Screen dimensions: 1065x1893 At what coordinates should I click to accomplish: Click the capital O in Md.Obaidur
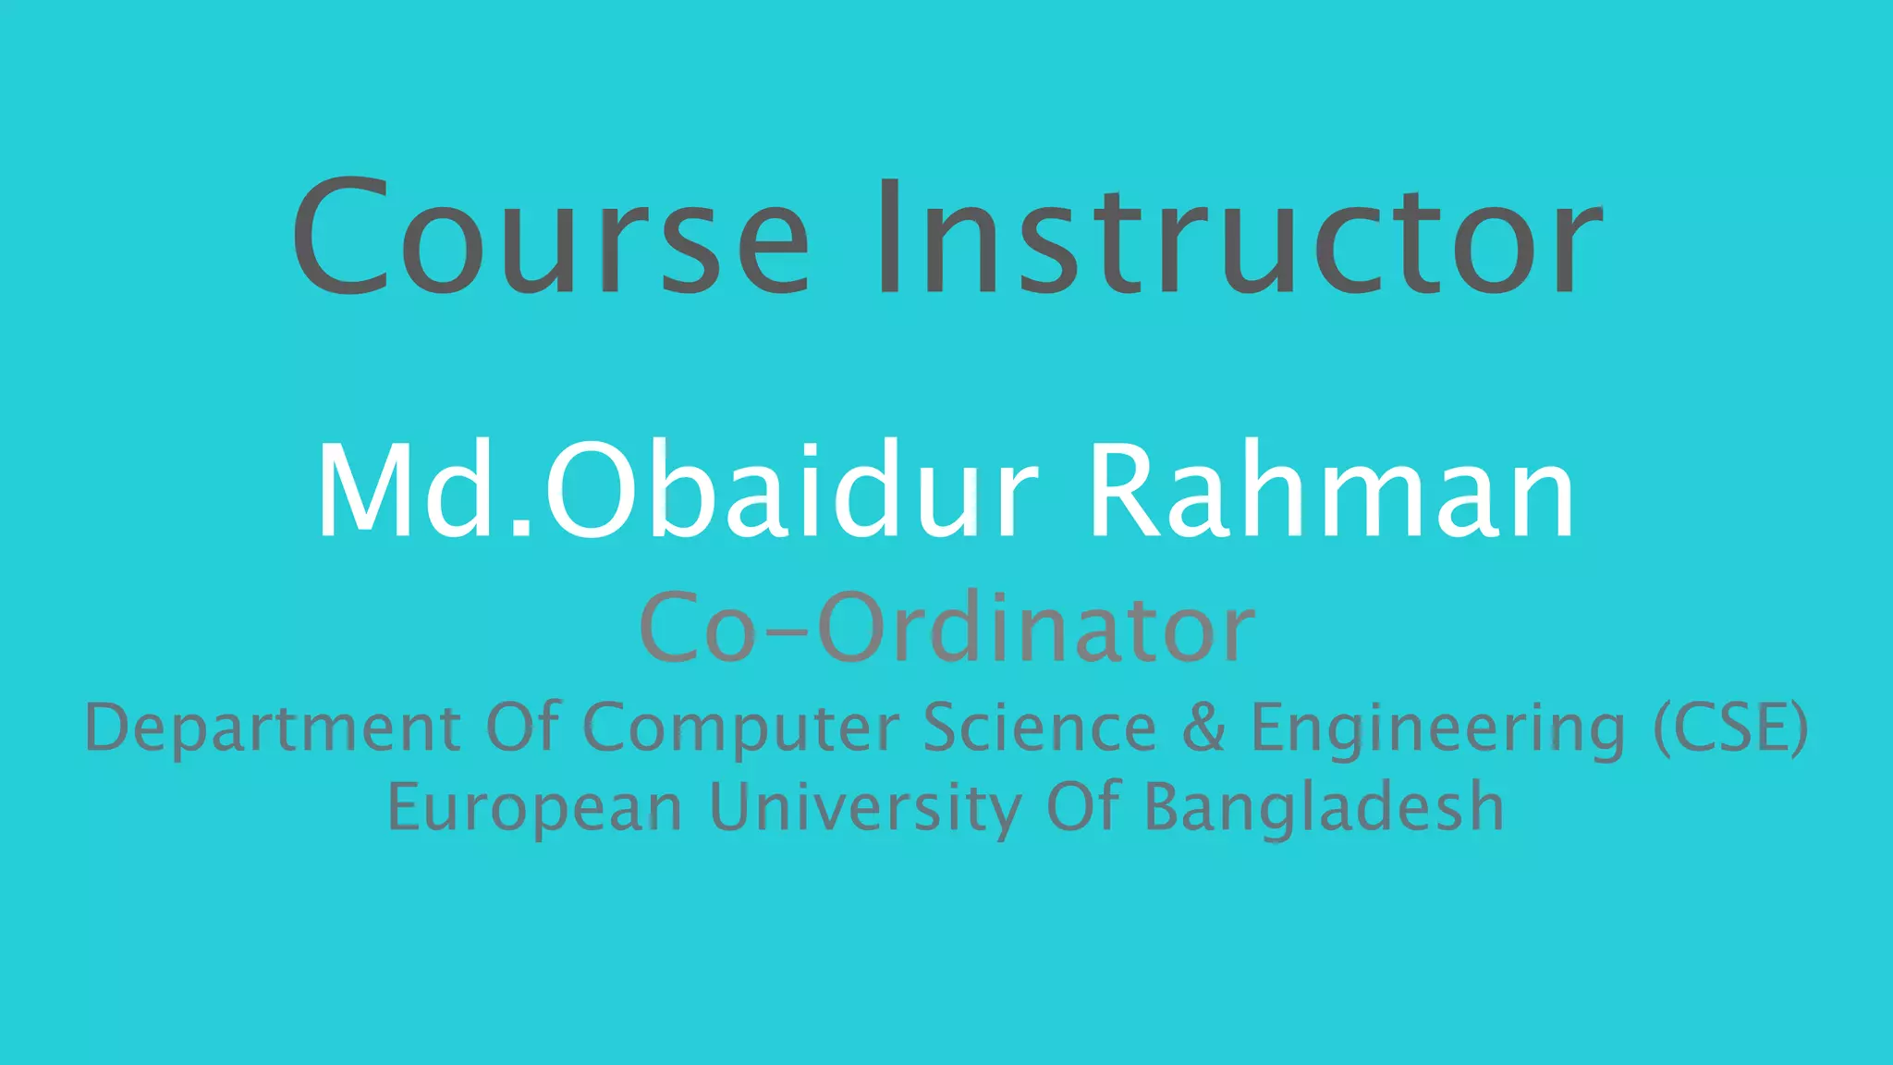[x=592, y=490]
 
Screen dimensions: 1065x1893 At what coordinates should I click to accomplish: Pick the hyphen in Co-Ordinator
[x=786, y=632]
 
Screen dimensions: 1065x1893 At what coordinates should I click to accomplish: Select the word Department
[x=273, y=728]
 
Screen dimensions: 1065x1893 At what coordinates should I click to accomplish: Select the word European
[x=534, y=808]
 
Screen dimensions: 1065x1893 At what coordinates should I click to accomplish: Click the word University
[x=865, y=808]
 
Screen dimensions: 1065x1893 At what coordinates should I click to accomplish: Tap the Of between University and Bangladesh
[x=1083, y=806]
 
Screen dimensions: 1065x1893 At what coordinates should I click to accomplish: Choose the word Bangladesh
[x=1324, y=808]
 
